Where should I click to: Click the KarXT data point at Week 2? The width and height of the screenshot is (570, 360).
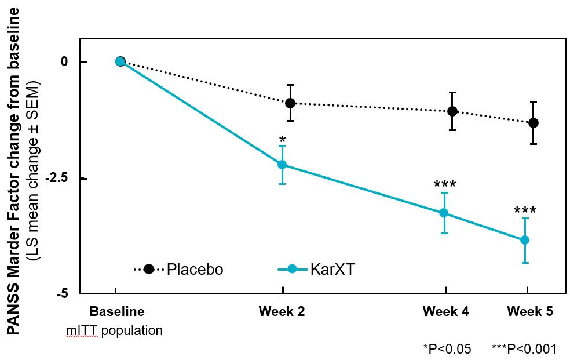(x=283, y=164)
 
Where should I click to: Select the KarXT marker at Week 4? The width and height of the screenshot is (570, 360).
(x=444, y=213)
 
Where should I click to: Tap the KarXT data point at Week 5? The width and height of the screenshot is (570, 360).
(x=525, y=240)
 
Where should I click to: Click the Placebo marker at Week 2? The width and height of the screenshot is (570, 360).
(x=290, y=103)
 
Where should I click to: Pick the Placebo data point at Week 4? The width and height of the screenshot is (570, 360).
(x=452, y=111)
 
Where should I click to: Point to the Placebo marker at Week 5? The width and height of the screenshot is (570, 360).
(x=534, y=122)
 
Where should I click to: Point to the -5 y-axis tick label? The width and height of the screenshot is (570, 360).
(x=63, y=294)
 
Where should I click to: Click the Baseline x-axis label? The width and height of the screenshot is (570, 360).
(x=117, y=312)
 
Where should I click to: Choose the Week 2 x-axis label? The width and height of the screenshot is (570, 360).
(x=282, y=312)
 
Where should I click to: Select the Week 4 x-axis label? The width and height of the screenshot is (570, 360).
(x=445, y=312)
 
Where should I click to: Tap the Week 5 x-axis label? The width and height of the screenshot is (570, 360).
(x=530, y=312)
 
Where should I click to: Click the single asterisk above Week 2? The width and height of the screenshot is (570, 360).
(x=282, y=141)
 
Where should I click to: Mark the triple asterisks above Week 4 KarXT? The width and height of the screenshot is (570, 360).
(x=444, y=186)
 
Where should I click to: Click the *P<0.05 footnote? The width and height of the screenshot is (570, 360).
(x=447, y=348)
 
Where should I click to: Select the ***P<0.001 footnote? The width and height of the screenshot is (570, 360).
(x=524, y=348)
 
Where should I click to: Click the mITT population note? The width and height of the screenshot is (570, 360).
(x=114, y=331)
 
